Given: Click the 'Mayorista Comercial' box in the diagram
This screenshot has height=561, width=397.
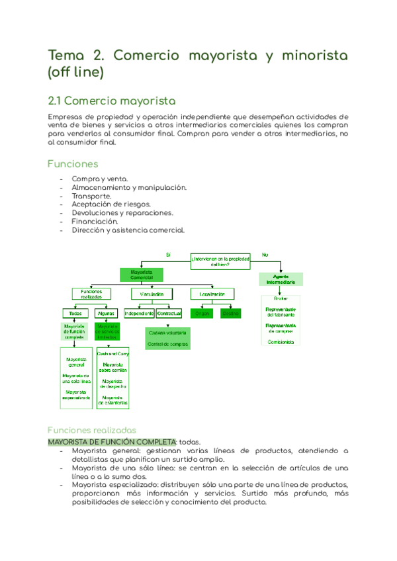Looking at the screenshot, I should pyautogui.click(x=142, y=275).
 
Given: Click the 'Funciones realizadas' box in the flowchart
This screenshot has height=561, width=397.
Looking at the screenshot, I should pyautogui.click(x=91, y=294).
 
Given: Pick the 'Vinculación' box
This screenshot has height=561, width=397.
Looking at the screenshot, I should pyautogui.click(x=152, y=294).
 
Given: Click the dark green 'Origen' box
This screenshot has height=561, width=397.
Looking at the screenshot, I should pyautogui.click(x=202, y=313).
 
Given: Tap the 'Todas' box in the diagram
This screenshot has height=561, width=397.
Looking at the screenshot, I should pyautogui.click(x=74, y=313).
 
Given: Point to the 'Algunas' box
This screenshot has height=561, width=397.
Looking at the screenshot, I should pyautogui.click(x=105, y=313).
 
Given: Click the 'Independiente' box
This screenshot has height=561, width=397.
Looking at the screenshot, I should pyautogui.click(x=139, y=313).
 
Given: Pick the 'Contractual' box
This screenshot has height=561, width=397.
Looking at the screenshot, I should pyautogui.click(x=169, y=313).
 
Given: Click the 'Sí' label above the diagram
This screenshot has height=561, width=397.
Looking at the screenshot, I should pyautogui.click(x=168, y=255).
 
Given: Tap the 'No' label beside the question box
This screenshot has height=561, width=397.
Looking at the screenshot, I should pyautogui.click(x=265, y=255).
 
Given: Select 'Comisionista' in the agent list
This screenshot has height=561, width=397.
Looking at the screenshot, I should pyautogui.click(x=281, y=341).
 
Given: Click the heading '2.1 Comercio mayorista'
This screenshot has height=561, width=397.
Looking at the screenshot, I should pyautogui.click(x=112, y=101).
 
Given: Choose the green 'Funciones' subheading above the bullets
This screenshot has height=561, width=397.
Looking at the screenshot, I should pyautogui.click(x=73, y=163).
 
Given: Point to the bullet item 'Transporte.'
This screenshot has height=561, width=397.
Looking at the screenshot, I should pyautogui.click(x=91, y=196).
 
